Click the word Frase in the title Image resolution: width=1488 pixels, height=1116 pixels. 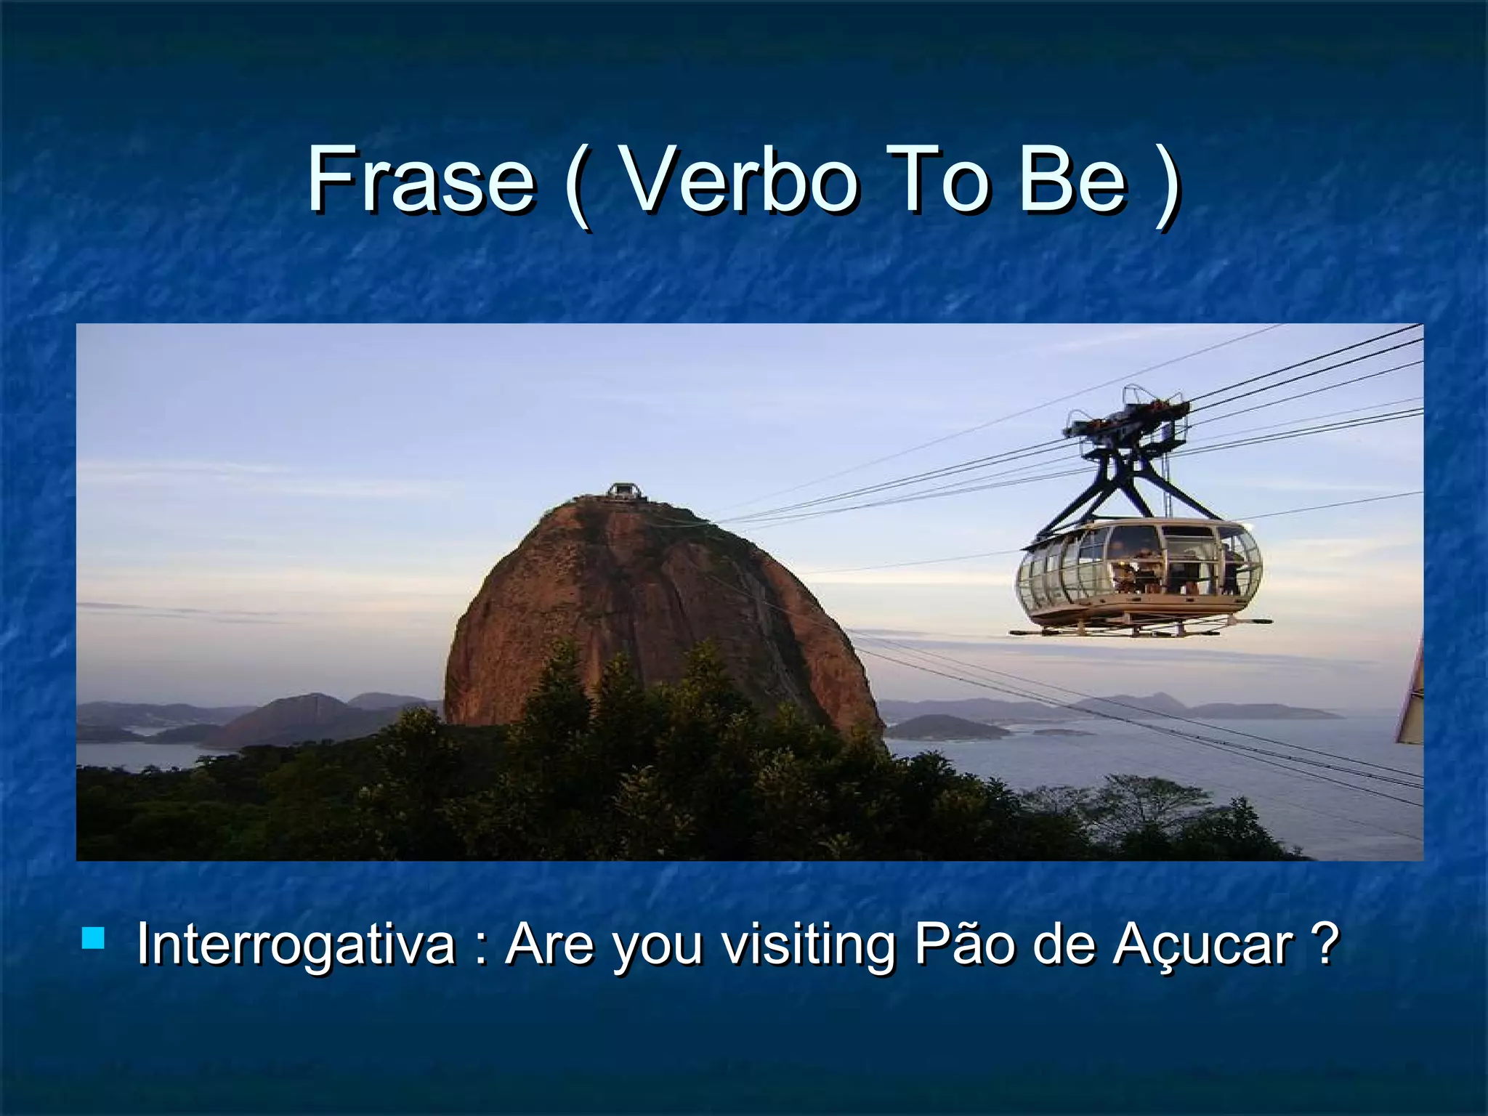[x=420, y=179]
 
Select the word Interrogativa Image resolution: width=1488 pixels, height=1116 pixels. [x=294, y=945]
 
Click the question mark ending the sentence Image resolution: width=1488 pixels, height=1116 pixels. [x=1326, y=943]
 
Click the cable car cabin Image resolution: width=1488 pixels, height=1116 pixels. [x=1139, y=574]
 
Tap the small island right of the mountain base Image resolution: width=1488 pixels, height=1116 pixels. [x=945, y=727]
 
